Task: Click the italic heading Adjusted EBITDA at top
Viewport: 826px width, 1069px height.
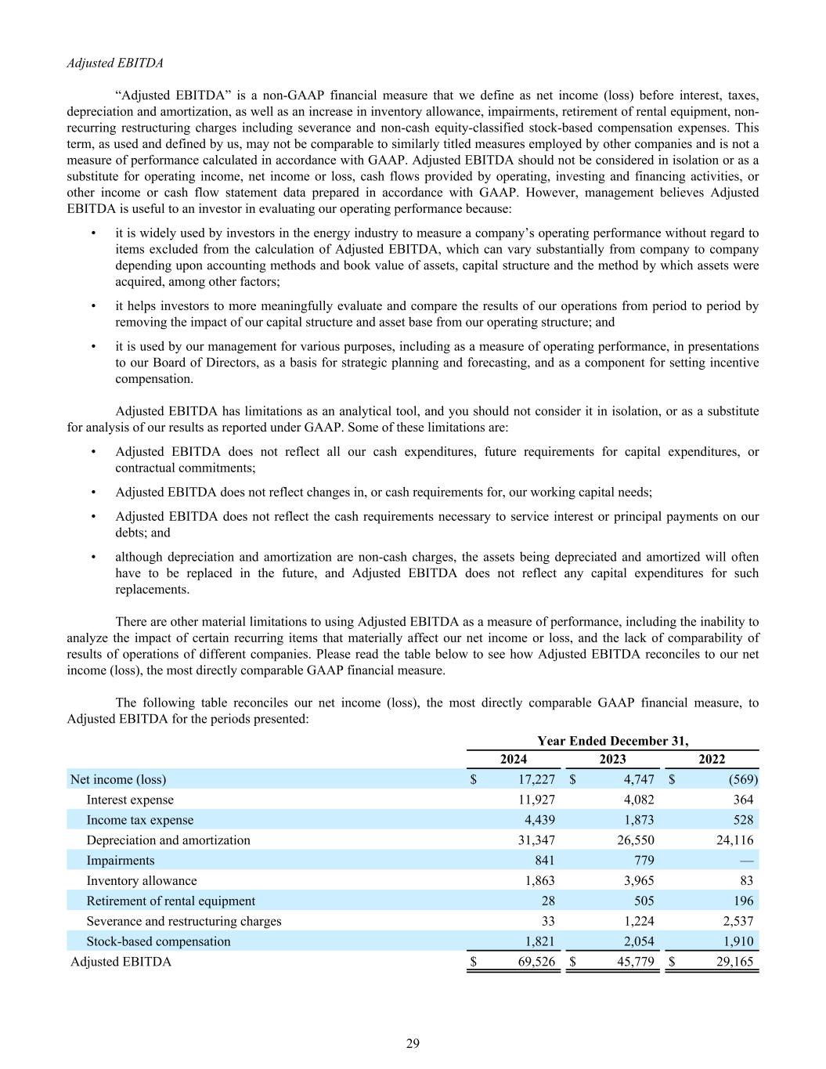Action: [x=115, y=63]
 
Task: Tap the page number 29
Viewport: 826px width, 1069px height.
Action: [x=413, y=1042]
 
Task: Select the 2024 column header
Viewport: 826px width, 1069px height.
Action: [x=514, y=759]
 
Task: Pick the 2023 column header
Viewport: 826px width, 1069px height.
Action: [x=612, y=759]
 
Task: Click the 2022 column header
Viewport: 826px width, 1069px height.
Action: [x=712, y=759]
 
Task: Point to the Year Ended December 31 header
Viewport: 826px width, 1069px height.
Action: [x=613, y=741]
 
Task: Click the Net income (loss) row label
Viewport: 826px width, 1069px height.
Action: [x=118, y=779]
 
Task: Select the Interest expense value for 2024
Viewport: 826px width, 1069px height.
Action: [x=536, y=800]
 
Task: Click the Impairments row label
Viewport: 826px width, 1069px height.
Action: [x=121, y=861]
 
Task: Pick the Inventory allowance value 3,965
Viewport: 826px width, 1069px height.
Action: [x=635, y=881]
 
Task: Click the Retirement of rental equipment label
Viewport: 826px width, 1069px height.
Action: [x=171, y=901]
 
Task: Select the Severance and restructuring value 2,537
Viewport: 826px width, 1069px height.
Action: [x=734, y=922]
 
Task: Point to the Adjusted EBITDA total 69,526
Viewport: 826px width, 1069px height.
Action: [x=536, y=962]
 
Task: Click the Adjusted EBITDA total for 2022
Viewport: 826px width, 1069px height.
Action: [x=734, y=962]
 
